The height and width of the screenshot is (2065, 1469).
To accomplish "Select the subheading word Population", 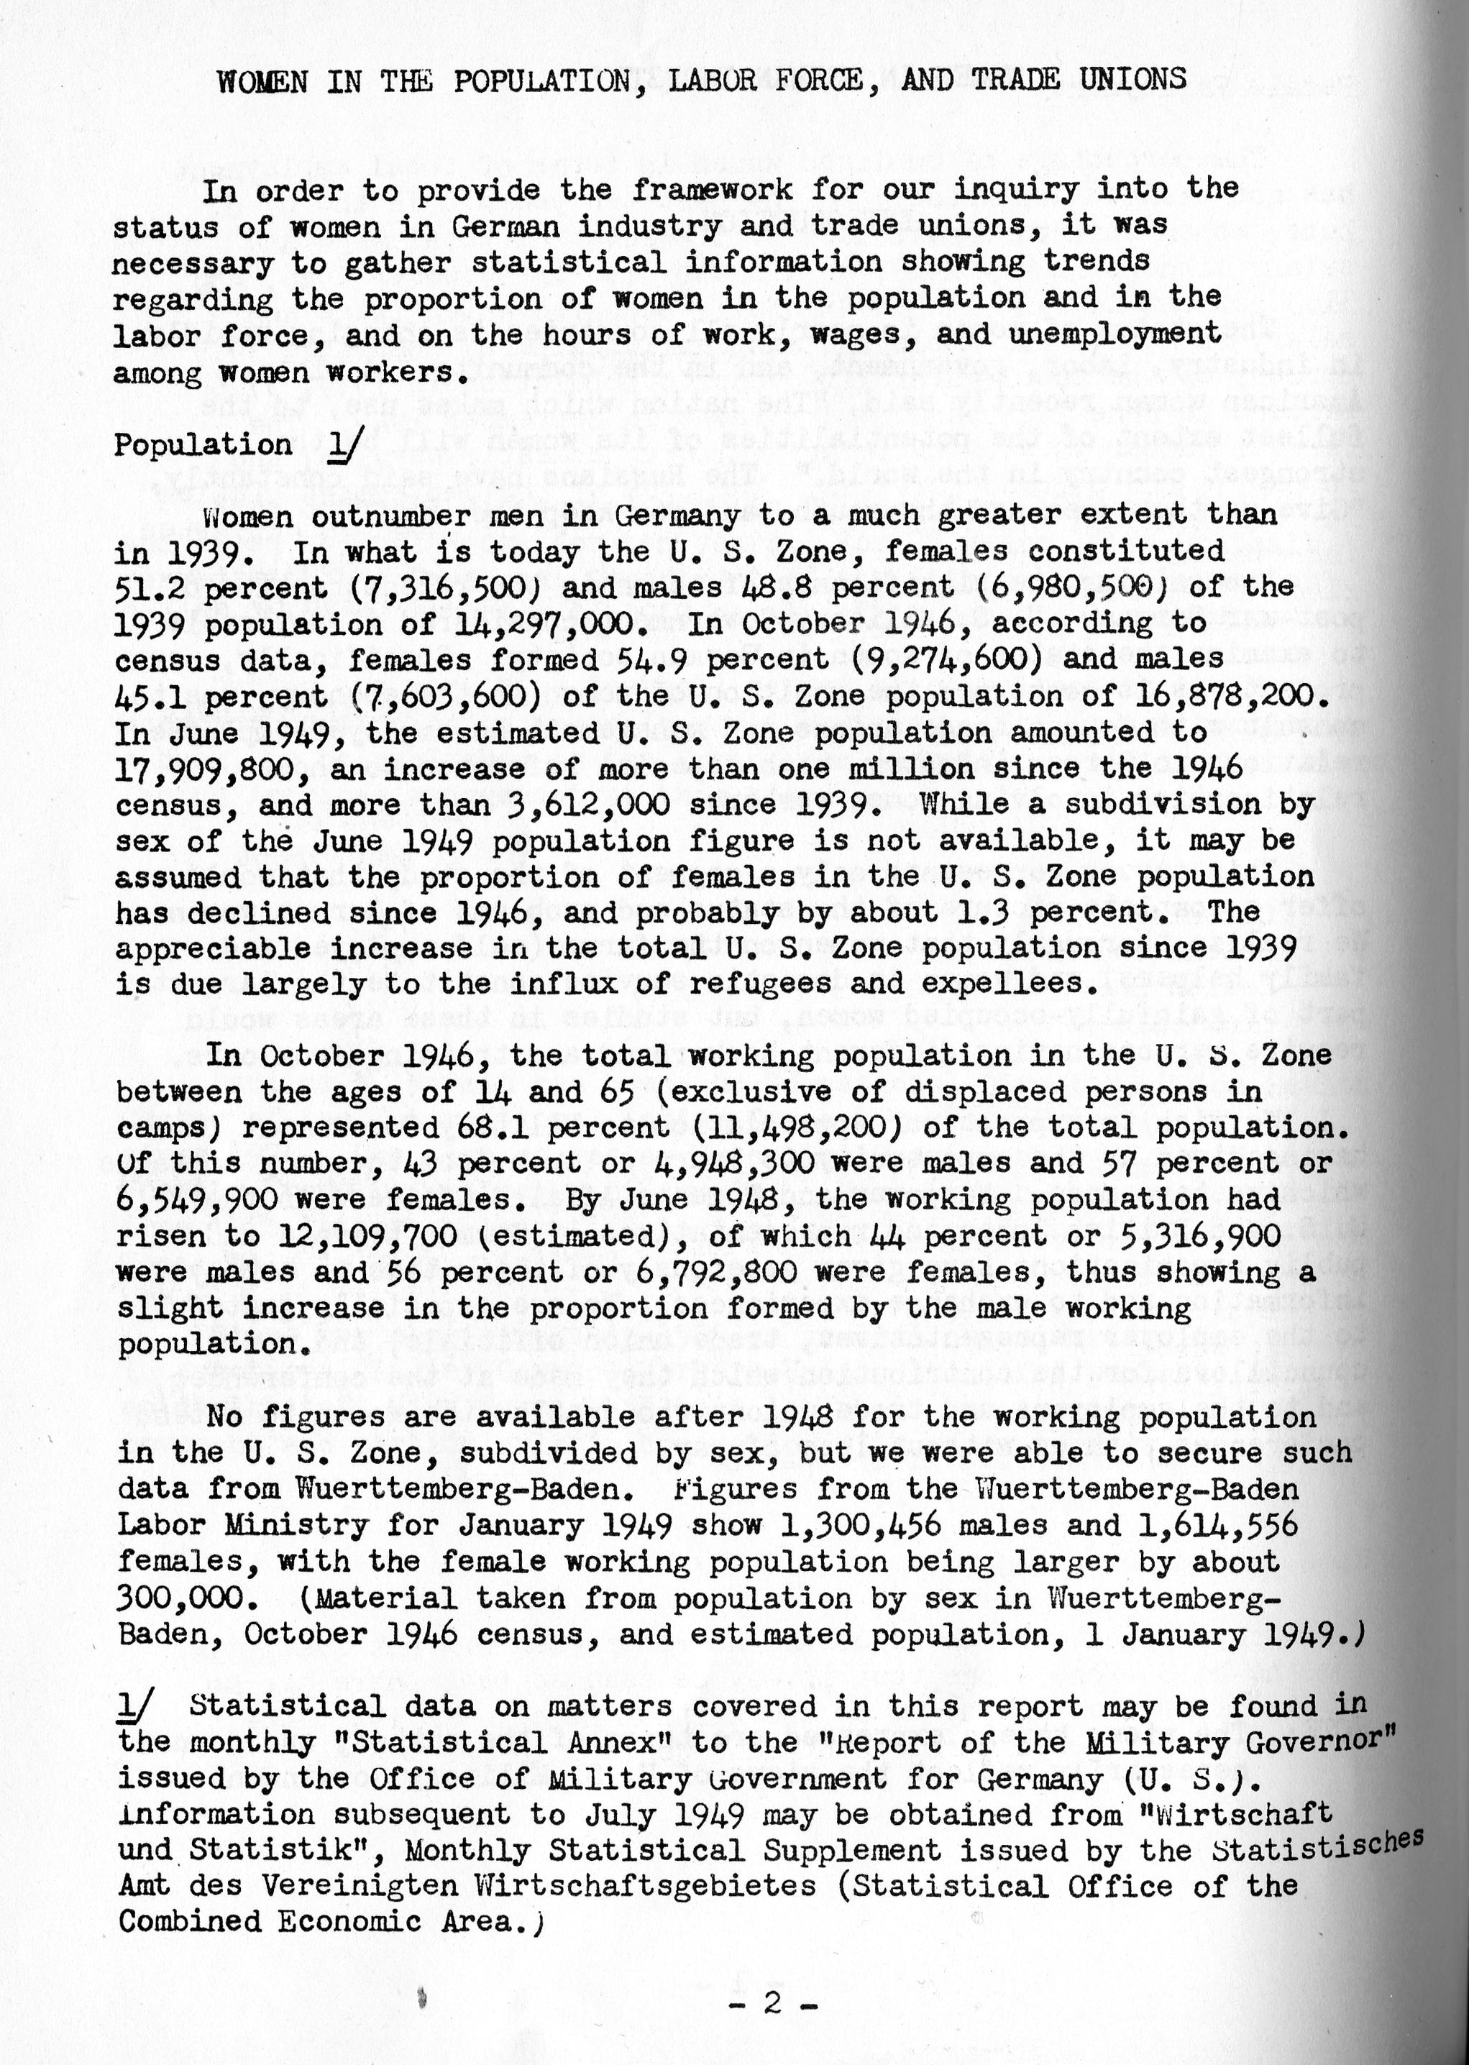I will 203,446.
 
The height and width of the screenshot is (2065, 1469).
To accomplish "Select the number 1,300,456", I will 851,1525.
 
